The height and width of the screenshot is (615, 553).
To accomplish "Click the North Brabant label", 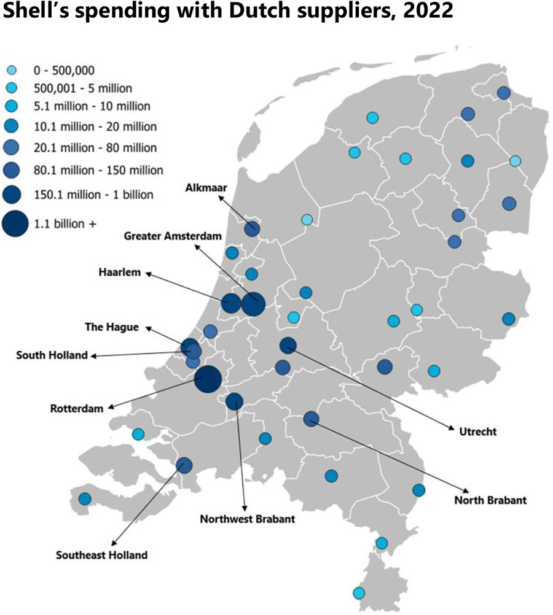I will (490, 500).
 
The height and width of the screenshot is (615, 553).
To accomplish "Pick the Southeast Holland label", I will (101, 555).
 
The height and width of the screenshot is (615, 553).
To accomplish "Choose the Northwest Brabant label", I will (248, 519).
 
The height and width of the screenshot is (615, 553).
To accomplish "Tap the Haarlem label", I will (120, 272).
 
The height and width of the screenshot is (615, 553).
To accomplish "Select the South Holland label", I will (52, 355).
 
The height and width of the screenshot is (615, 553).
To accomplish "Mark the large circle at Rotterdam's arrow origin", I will (208, 379).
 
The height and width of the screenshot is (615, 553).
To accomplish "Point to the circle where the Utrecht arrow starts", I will (288, 346).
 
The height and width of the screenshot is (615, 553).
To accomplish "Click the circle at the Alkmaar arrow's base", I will (251, 230).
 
